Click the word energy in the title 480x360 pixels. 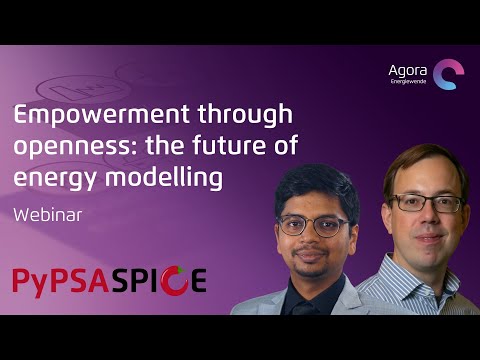[x=45, y=178]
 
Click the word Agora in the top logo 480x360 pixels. [x=408, y=70]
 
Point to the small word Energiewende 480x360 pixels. [x=408, y=83]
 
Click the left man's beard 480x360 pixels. [x=312, y=265]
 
